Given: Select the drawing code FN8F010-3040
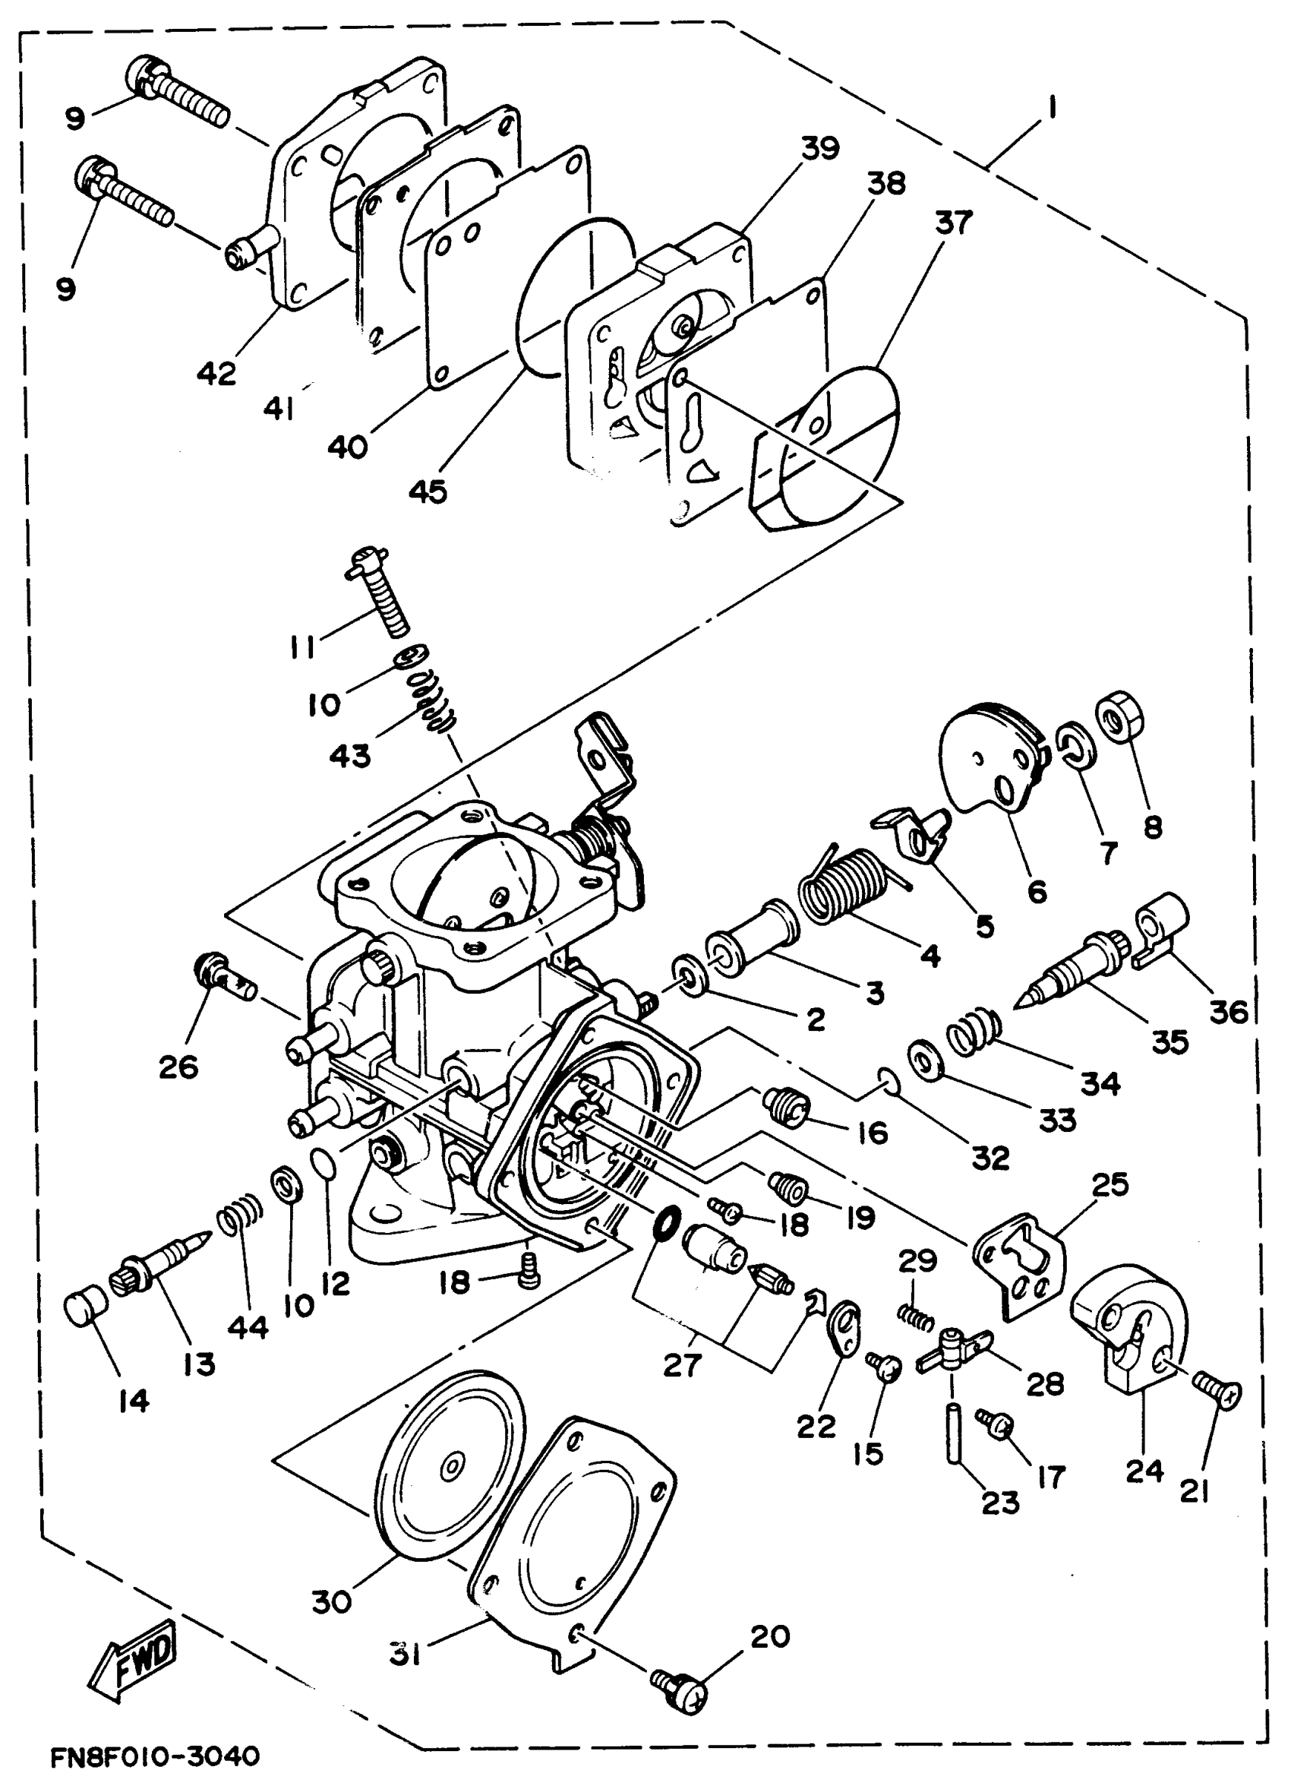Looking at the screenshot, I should click(155, 1756).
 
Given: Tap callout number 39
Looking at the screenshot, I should click(820, 147).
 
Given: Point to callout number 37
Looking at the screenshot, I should click(954, 223).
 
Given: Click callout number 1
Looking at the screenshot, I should click(1051, 107).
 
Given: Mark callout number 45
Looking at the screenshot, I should click(428, 492).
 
